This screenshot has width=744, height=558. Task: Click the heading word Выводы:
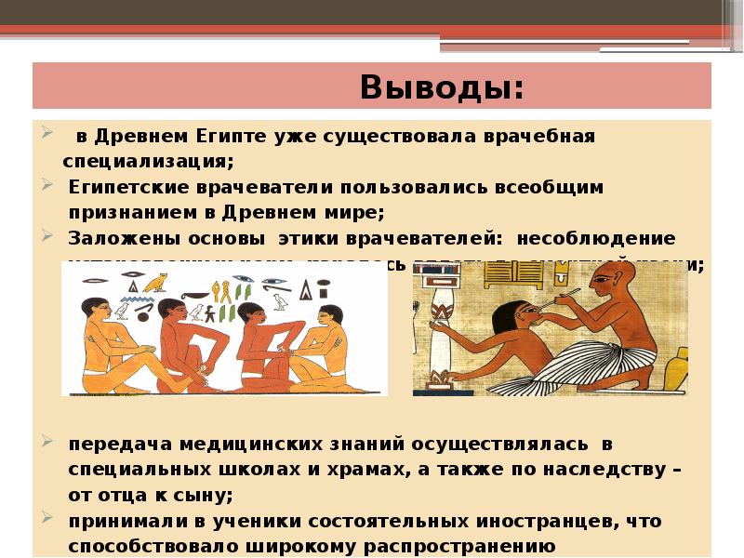442,88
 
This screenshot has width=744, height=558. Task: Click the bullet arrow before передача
46,444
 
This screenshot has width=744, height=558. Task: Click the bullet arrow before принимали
46,520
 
